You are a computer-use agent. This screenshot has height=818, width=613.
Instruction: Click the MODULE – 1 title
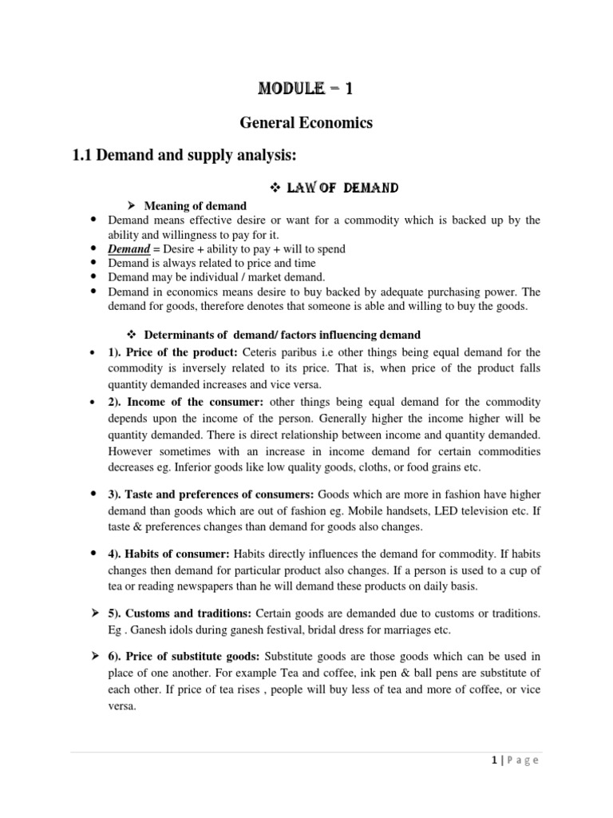(x=307, y=89)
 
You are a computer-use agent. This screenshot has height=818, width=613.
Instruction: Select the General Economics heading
(x=306, y=123)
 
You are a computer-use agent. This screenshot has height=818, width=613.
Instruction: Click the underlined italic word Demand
(x=129, y=249)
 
